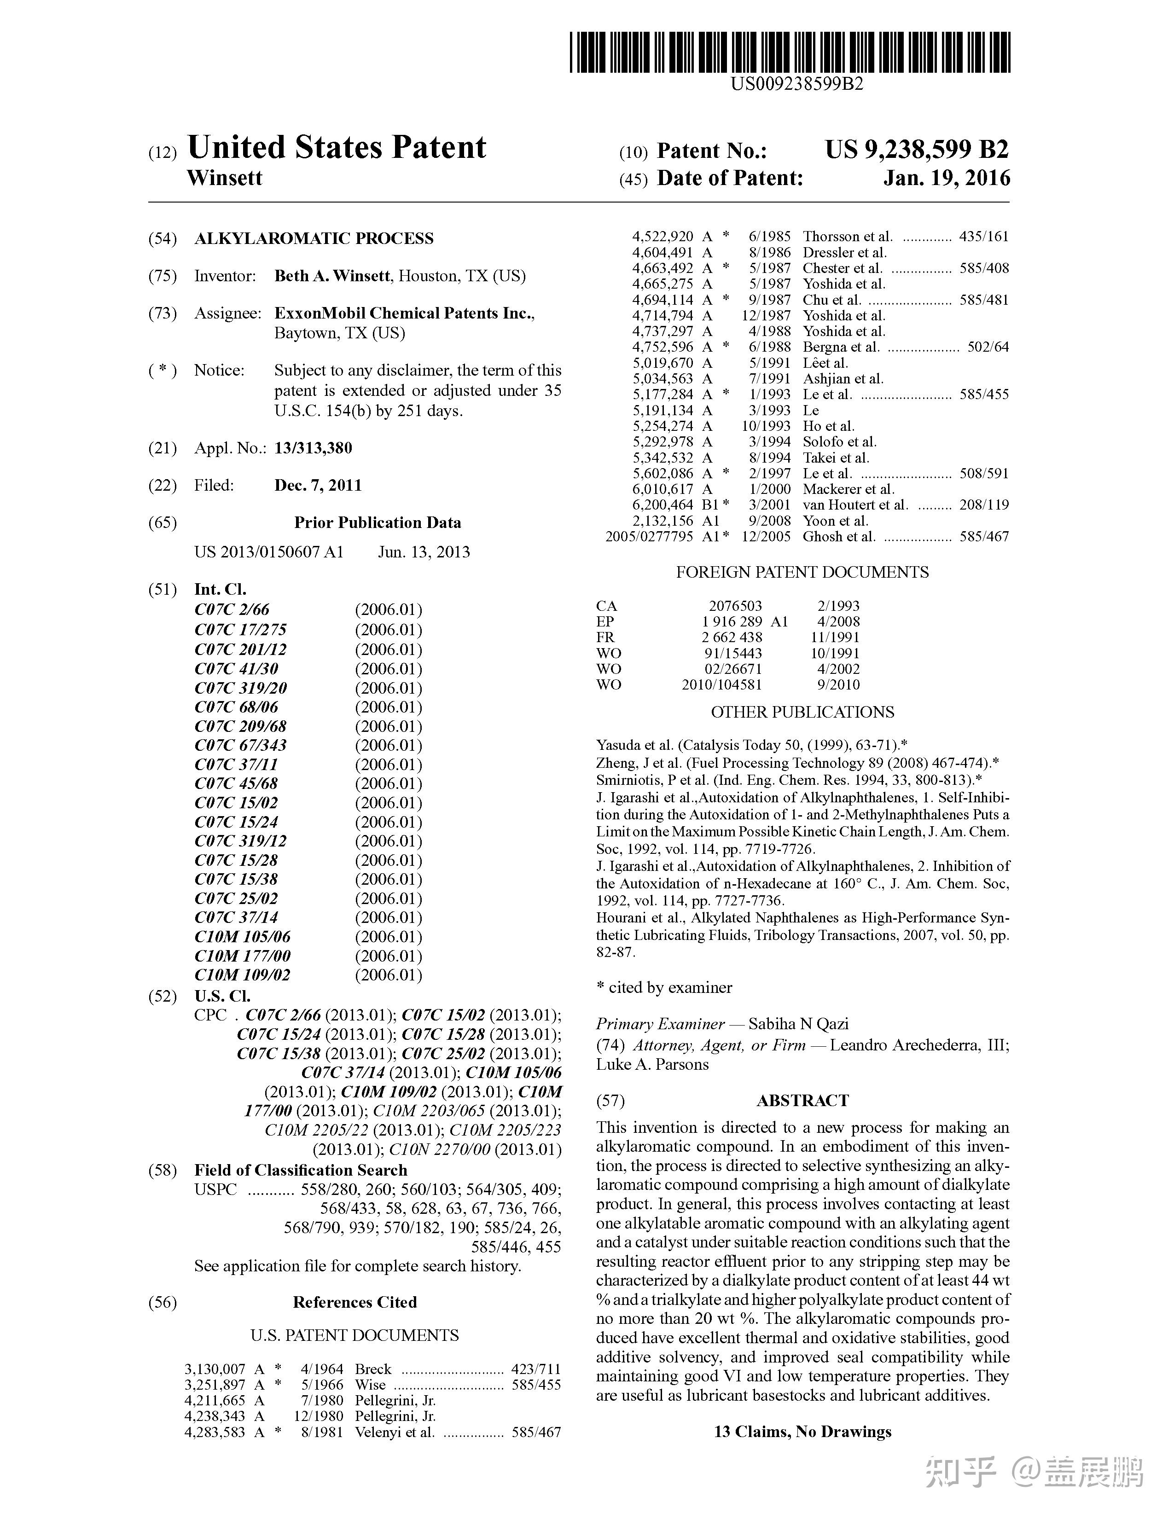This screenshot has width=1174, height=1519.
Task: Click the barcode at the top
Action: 790,52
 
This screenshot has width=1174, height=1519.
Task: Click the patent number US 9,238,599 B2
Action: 916,150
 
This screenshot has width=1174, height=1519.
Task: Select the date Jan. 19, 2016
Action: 946,179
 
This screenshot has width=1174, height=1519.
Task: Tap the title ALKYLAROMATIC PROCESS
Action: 314,238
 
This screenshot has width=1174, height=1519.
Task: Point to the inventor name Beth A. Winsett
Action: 332,276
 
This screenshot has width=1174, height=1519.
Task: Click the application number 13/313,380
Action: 313,448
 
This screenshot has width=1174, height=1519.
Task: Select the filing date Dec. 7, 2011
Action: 318,486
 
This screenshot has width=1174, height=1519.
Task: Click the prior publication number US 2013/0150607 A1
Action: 268,552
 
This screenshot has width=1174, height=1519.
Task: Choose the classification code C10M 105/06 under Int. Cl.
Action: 242,937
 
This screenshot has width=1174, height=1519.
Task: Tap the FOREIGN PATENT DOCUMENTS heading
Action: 802,573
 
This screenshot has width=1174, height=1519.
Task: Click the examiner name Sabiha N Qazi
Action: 798,1024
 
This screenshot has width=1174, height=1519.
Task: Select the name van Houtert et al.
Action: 855,505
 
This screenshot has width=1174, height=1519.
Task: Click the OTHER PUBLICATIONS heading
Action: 802,712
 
